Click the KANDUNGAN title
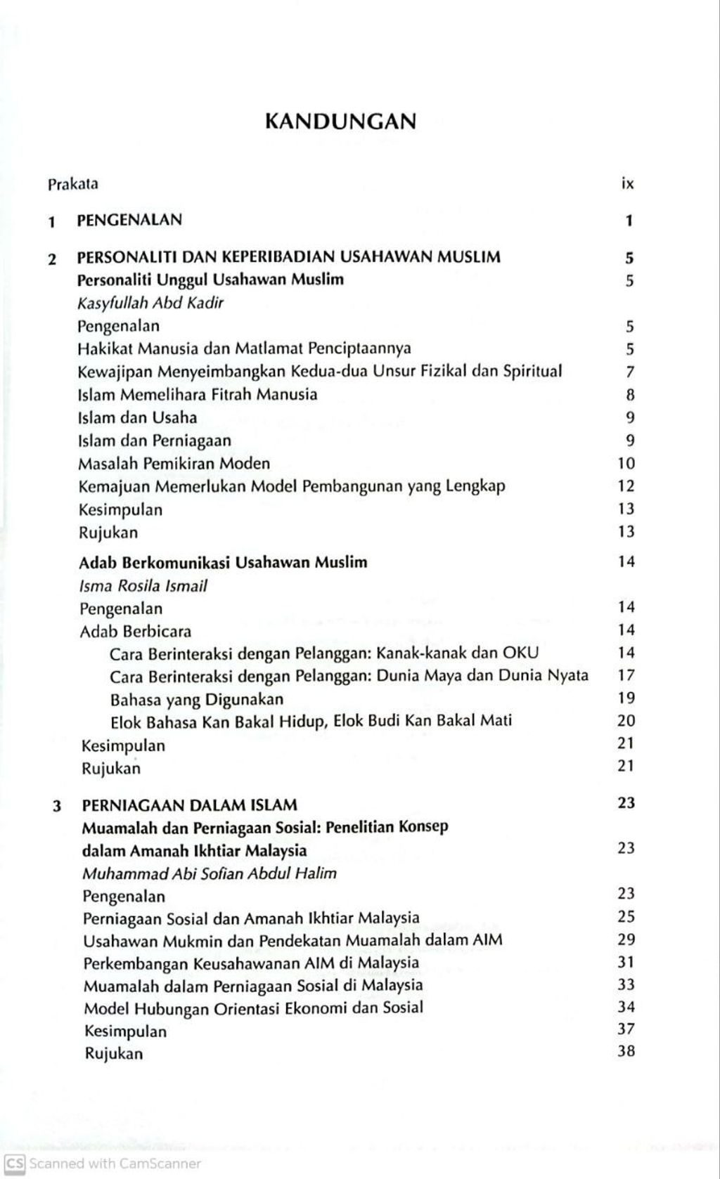tap(340, 122)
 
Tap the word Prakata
tap(73, 185)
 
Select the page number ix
tap(628, 184)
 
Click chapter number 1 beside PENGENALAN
tap(51, 222)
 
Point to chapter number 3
tap(57, 806)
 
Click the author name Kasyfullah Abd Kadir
tap(150, 304)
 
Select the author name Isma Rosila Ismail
tap(143, 586)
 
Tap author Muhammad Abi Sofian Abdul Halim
tap(210, 873)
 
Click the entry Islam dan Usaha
tap(138, 417)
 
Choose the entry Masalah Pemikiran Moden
tap(174, 464)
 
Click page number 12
tap(626, 486)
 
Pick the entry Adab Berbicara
tap(135, 631)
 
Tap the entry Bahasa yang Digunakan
tap(197, 700)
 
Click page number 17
tap(626, 675)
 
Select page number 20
tap(626, 720)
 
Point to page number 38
tap(626, 1052)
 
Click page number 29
tap(626, 939)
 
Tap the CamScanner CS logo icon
tap(15, 1163)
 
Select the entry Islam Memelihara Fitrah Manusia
tap(198, 394)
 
